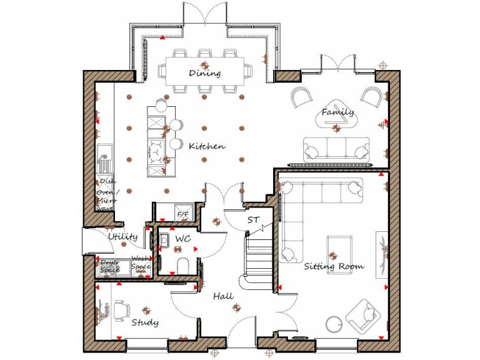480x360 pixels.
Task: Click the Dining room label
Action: (x=205, y=73)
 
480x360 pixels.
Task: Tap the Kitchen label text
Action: (x=207, y=146)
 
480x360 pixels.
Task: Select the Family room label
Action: (x=337, y=112)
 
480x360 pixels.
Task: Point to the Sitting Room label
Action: (x=334, y=266)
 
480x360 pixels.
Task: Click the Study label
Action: (x=144, y=322)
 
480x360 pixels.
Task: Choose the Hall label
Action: (x=223, y=296)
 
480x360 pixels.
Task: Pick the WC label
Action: (x=182, y=239)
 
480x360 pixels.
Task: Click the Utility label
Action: (x=122, y=237)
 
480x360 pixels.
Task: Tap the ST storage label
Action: (x=253, y=220)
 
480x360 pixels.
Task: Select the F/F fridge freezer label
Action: (x=183, y=215)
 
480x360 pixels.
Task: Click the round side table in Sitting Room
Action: (x=334, y=323)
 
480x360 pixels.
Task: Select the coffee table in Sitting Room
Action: (x=339, y=245)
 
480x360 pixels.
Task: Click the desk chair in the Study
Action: (x=121, y=309)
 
